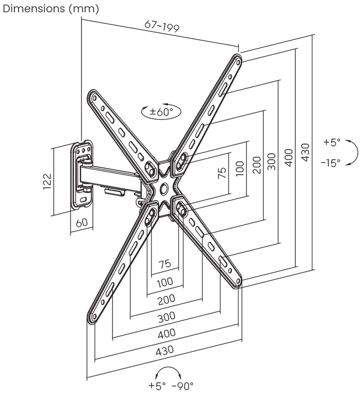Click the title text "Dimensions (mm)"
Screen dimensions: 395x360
click(x=51, y=9)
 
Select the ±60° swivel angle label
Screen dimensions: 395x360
click(x=161, y=112)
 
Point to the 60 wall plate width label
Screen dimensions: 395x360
click(x=81, y=222)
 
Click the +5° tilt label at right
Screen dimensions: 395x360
click(x=332, y=142)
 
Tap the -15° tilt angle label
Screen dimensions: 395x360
click(x=330, y=163)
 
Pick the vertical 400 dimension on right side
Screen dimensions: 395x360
click(x=288, y=158)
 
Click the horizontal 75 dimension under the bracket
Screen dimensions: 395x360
click(x=165, y=264)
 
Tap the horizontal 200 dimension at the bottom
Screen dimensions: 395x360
click(x=166, y=300)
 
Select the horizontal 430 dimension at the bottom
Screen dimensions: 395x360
click(x=165, y=350)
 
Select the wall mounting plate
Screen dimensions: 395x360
click(x=83, y=174)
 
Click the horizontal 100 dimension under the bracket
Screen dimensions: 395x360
click(x=165, y=282)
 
